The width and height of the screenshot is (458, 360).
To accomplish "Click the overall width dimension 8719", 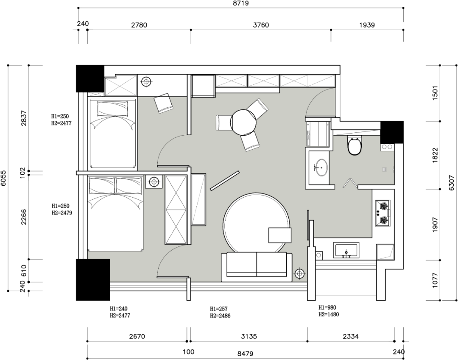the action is tap(241, 3).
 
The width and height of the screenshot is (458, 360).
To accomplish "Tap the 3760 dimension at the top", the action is tap(261, 25).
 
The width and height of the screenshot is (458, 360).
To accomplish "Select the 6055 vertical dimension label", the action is tap(3, 178).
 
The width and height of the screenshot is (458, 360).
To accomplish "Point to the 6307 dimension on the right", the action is tap(452, 183).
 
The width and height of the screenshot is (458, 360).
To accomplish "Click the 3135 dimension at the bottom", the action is tap(249, 336).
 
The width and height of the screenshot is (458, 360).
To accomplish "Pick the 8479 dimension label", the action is tap(245, 354).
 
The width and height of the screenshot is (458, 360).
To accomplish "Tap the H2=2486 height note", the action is tap(220, 315).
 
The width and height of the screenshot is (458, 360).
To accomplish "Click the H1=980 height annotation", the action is tap(327, 307).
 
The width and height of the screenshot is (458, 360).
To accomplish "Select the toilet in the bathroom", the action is tap(354, 145).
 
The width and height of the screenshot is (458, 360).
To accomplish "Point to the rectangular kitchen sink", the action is tap(346, 251).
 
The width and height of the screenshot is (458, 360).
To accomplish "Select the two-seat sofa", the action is tap(257, 267).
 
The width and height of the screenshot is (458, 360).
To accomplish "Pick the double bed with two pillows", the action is tap(116, 213).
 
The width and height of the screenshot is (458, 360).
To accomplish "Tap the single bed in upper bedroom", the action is tap(113, 134).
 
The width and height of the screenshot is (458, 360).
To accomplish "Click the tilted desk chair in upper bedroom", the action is tap(163, 103).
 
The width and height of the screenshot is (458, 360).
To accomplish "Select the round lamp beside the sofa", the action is tap(299, 273).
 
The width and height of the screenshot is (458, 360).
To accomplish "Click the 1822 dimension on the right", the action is tap(435, 155).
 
